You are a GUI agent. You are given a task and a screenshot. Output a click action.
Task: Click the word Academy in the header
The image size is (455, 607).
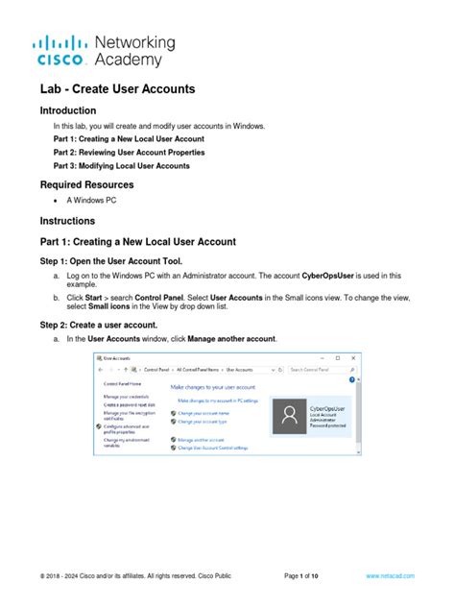pyautogui.click(x=133, y=61)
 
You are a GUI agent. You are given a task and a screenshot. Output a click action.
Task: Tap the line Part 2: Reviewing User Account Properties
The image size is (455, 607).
pyautogui.click(x=128, y=152)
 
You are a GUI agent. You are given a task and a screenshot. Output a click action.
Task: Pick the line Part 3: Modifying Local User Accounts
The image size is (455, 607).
pyautogui.click(x=121, y=165)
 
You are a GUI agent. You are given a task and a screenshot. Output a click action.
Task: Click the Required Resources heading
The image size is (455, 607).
pyautogui.click(x=86, y=184)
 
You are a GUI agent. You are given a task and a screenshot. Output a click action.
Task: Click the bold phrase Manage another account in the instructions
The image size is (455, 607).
pyautogui.click(x=231, y=339)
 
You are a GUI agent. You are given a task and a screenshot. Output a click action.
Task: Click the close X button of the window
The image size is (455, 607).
pyautogui.click(x=357, y=356)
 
